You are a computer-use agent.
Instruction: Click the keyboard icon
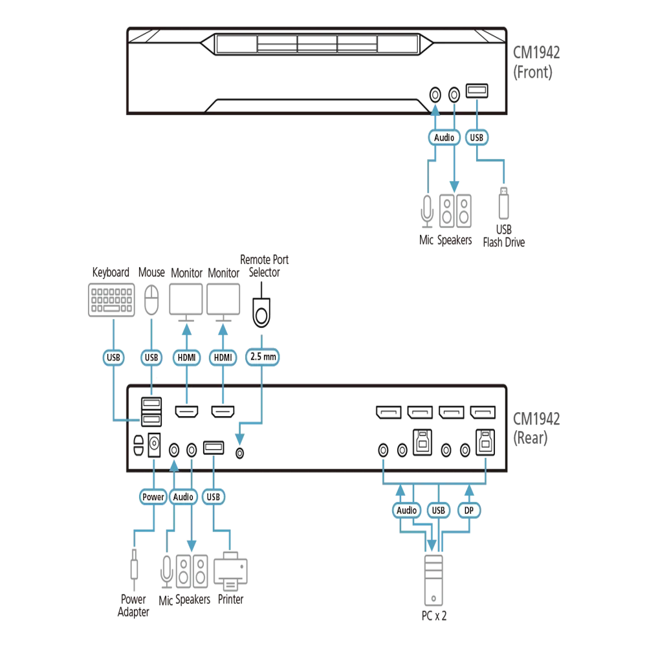coord(111,300)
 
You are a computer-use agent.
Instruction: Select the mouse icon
coord(151,300)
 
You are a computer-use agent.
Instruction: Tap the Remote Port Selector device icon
coord(261,313)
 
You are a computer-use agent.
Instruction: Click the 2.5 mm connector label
coord(263,357)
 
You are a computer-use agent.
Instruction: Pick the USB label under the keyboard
coord(113,357)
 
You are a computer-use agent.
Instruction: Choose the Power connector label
coord(153,497)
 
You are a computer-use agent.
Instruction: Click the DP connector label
coord(468,510)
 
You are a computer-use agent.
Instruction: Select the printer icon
coord(230,571)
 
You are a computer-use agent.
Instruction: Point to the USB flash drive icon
coord(503,203)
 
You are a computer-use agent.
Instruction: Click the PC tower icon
coord(433,580)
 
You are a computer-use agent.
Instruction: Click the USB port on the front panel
coord(477,91)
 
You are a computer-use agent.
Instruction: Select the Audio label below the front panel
coord(444,137)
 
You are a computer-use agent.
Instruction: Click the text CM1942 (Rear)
coord(536,428)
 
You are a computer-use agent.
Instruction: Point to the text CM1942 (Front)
coord(536,62)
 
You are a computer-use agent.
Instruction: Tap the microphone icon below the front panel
coord(427,212)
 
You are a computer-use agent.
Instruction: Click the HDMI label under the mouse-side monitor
coord(187,357)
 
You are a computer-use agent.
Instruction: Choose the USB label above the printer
coord(214,497)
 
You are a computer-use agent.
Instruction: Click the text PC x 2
coord(433,616)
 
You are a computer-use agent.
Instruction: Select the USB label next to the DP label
coord(438,510)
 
